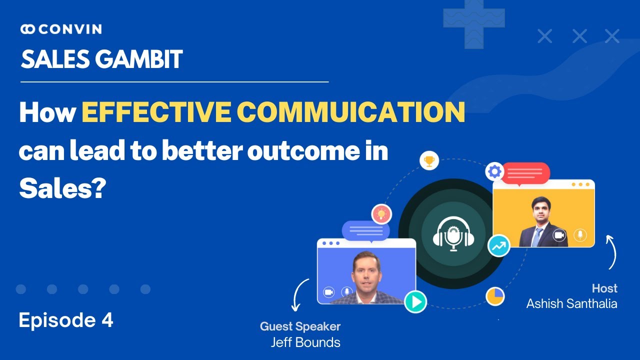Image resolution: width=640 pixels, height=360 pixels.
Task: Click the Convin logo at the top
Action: point(61,29)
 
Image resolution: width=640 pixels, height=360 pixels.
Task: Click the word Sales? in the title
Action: point(61,189)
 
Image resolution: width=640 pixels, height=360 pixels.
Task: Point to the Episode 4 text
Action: point(66,320)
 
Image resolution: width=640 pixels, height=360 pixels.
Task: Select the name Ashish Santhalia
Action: point(571,303)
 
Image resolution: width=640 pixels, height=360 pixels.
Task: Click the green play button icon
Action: point(415,301)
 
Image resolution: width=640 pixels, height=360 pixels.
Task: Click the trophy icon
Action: point(428,161)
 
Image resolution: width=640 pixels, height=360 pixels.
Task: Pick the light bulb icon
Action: point(381,214)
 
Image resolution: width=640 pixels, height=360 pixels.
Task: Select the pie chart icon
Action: point(495,296)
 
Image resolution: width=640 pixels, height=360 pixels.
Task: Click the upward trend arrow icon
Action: point(498,246)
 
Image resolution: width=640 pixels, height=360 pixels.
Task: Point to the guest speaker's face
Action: point(367,272)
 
